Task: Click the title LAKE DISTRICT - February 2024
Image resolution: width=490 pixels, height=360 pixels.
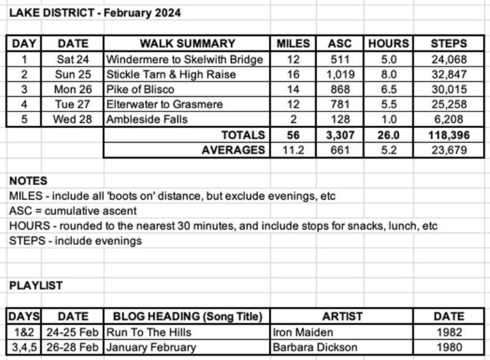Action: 95,13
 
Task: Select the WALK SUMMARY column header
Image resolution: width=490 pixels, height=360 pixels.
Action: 187,43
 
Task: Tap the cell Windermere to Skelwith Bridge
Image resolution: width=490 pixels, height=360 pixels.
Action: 184,59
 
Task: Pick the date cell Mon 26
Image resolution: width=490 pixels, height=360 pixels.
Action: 73,89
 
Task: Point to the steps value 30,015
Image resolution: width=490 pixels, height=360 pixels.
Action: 448,89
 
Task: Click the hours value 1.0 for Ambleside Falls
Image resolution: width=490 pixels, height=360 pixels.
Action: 388,119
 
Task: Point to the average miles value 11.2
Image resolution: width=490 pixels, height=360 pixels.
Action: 293,150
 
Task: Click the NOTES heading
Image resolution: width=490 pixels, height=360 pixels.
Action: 28,181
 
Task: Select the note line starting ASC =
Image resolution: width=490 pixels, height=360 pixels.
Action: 73,211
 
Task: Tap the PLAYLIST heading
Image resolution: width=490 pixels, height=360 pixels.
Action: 36,285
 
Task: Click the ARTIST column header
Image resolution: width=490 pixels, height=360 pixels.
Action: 342,317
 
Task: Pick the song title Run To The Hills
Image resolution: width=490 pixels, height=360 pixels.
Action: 149,332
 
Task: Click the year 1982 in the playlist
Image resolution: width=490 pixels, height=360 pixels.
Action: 449,332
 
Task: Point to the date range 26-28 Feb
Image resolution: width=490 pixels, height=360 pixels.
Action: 73,347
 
